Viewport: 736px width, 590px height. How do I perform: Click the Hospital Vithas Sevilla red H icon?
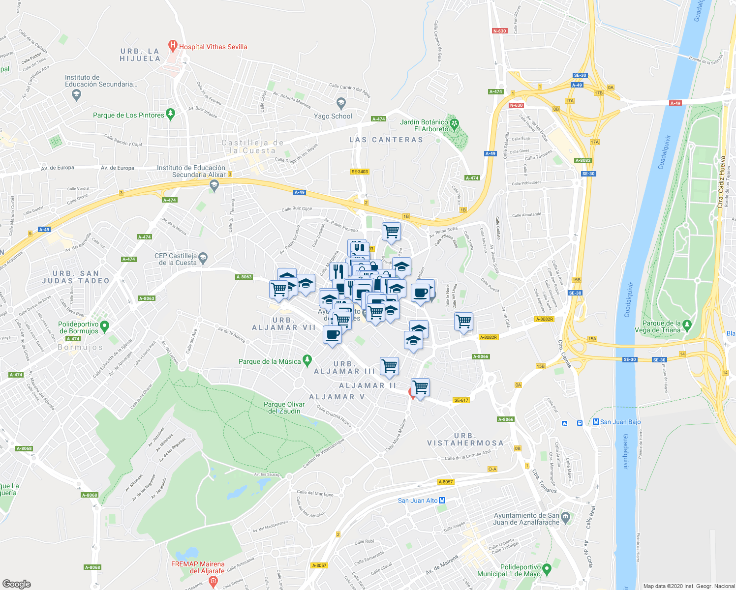[x=172, y=46]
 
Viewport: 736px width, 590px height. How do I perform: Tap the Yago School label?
[x=333, y=116]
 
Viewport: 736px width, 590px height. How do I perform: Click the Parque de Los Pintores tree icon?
[x=170, y=114]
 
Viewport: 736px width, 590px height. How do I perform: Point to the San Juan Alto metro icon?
[x=442, y=501]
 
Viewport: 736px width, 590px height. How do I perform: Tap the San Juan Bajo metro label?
[x=620, y=422]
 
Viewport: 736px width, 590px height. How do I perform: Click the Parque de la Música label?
[x=269, y=361]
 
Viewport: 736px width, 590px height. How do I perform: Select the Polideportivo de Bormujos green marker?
[x=104, y=325]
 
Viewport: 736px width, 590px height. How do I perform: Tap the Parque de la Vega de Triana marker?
[x=687, y=325]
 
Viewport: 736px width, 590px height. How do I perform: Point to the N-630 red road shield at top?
[x=499, y=30]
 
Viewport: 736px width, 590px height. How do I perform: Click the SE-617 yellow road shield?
[x=461, y=400]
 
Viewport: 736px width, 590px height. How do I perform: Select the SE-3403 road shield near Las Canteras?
[x=360, y=172]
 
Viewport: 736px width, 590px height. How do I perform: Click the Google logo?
[x=17, y=584]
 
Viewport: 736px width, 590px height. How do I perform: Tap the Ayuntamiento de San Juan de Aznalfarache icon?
[x=565, y=517]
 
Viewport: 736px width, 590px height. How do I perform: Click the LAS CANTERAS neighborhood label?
[x=386, y=140]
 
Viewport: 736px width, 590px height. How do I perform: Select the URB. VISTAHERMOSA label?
[x=465, y=440]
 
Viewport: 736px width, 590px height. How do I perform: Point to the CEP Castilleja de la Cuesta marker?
[x=203, y=257]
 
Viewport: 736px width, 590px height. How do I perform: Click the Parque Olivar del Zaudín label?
[x=284, y=408]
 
